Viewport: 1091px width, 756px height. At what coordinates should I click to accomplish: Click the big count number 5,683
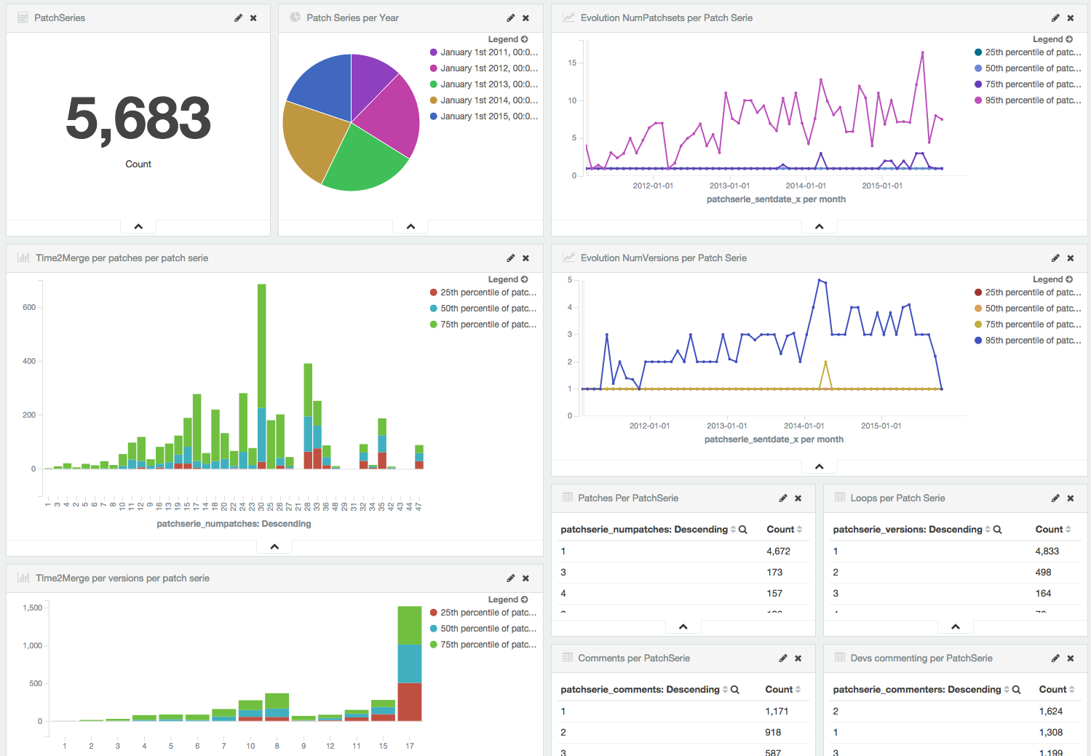click(x=138, y=119)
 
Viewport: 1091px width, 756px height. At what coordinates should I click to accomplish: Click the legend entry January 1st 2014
click(x=488, y=100)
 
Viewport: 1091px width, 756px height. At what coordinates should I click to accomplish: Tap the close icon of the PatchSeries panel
click(x=253, y=18)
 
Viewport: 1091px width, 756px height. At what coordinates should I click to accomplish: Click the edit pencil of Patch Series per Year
click(x=511, y=18)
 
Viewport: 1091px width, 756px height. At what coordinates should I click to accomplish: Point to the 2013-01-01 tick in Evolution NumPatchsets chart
click(x=729, y=186)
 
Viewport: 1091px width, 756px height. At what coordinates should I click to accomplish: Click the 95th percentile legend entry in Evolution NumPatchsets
click(x=1032, y=100)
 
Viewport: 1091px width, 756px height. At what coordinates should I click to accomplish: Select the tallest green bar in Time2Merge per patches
click(x=262, y=346)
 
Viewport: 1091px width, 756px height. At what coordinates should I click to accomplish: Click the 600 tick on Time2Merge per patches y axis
click(x=29, y=308)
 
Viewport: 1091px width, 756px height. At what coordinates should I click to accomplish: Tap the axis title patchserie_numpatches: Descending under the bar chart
click(x=234, y=524)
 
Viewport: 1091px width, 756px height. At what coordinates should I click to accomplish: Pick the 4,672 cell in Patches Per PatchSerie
click(x=778, y=552)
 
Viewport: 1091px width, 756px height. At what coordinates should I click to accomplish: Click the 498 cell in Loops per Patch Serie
click(x=1043, y=573)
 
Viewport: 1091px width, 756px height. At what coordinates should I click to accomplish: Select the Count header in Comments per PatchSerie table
click(x=779, y=690)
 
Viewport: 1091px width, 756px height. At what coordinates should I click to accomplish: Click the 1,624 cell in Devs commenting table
click(x=1050, y=712)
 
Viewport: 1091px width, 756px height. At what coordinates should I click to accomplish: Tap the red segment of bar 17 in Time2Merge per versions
click(x=410, y=702)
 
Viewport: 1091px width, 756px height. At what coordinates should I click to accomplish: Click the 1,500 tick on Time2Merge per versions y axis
click(x=33, y=608)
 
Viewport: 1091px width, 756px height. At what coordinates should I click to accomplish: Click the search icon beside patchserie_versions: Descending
click(x=998, y=530)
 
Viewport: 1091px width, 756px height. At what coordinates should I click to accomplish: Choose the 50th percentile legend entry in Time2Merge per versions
click(x=488, y=629)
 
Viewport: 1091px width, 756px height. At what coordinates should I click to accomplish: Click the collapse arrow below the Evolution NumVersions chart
click(x=819, y=466)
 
